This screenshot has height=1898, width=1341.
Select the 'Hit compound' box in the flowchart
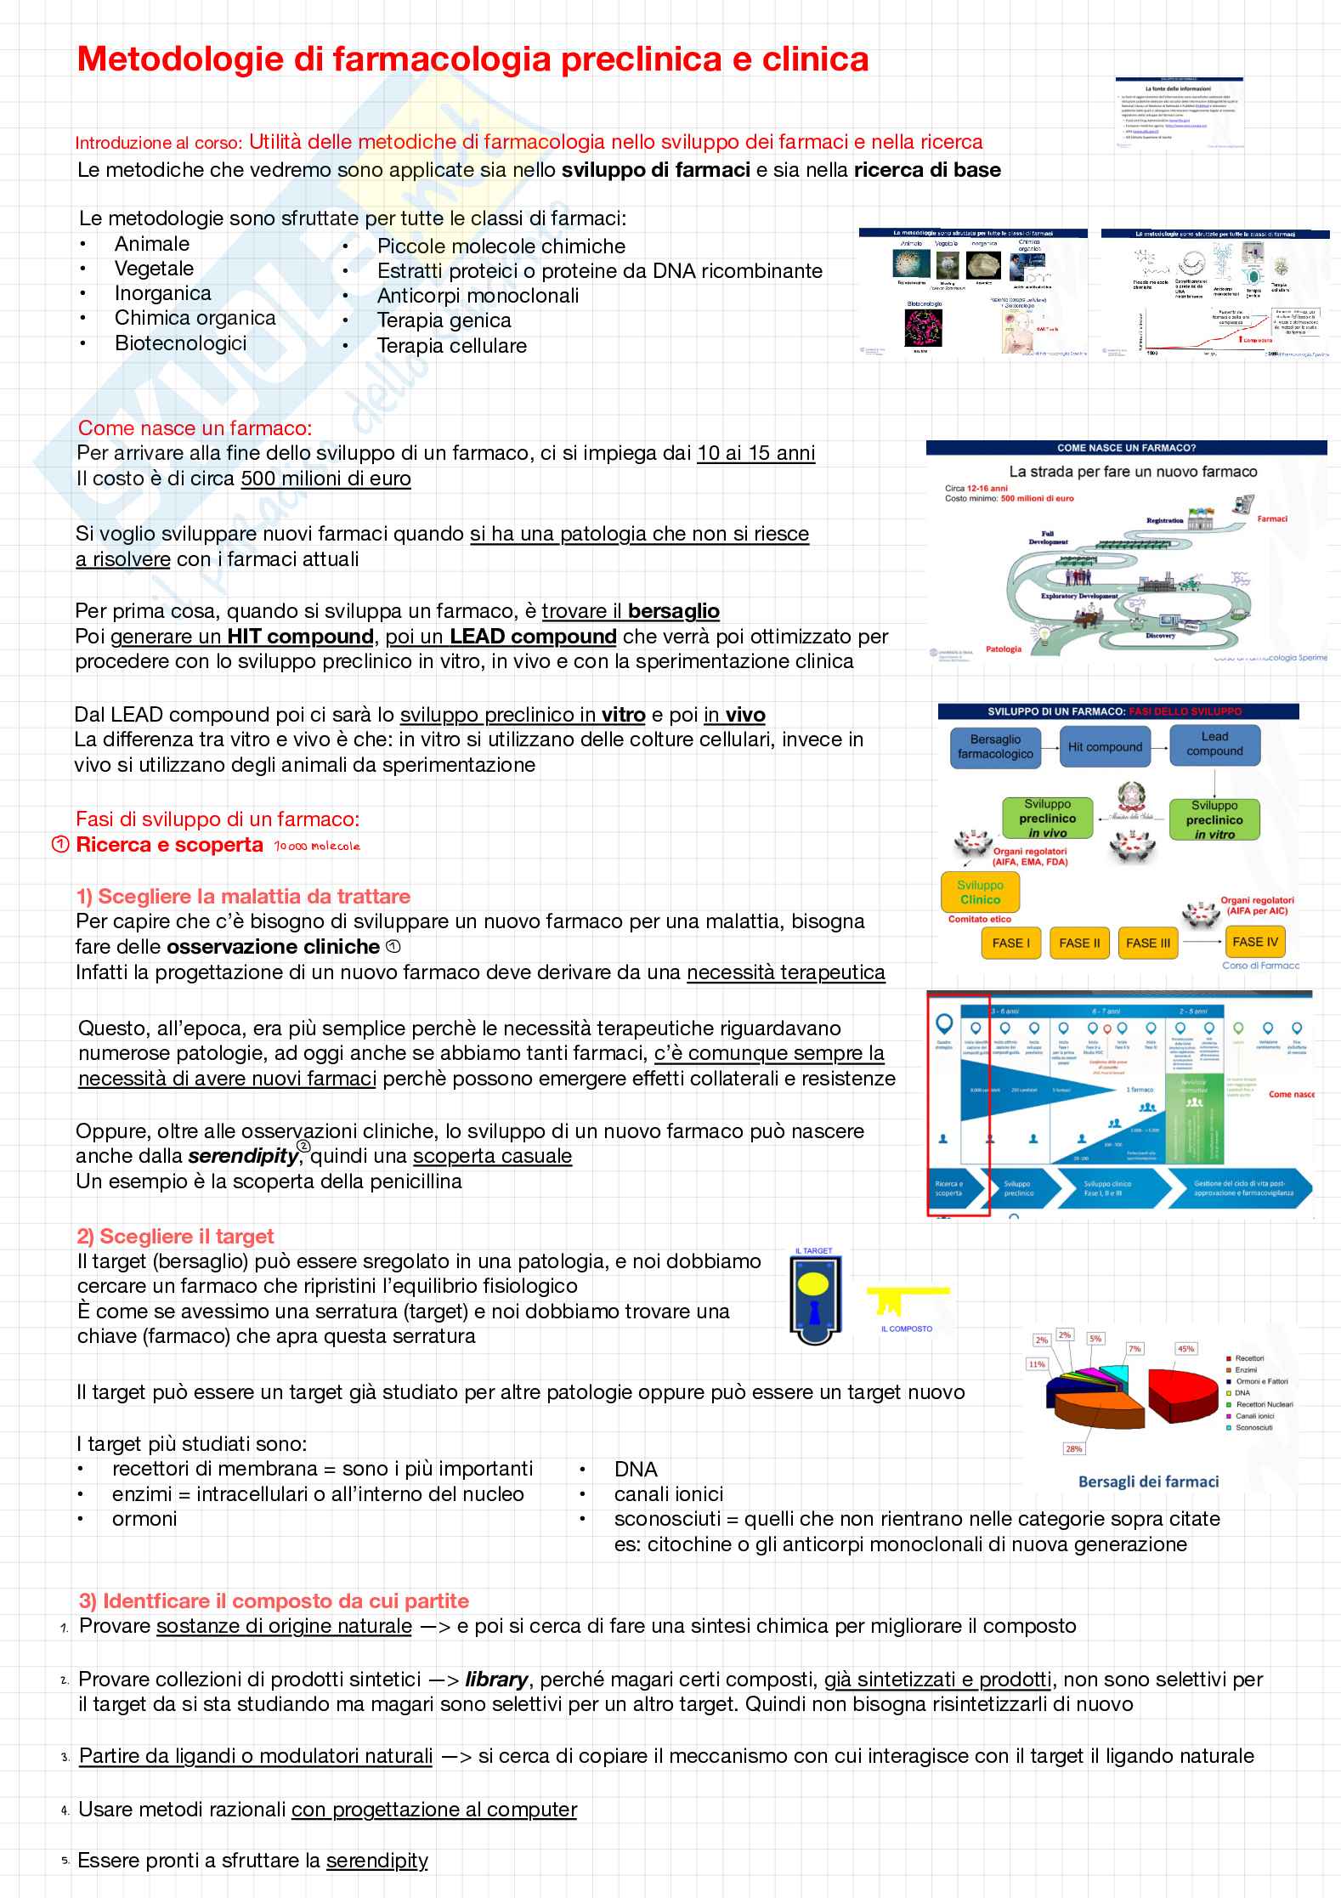coord(1105,747)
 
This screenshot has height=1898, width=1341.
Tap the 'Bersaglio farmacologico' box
coord(995,747)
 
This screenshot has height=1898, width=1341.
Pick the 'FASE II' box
coord(1079,943)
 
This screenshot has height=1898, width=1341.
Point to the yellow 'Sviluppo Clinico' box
coord(980,892)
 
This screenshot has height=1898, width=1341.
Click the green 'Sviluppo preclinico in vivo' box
coord(1047,819)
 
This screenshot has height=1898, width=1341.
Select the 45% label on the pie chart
coord(1185,1348)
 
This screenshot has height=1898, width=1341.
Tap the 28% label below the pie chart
coord(1072,1448)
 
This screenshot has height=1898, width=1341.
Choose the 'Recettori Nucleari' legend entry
coord(1264,1404)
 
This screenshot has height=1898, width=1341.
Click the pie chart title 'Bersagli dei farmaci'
coord(1148,1482)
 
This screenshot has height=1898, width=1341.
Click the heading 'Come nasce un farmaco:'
coord(195,428)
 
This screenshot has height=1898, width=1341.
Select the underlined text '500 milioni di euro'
coord(325,479)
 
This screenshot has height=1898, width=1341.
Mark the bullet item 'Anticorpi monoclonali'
coord(478,296)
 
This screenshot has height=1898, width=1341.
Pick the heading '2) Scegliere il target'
coord(175,1237)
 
